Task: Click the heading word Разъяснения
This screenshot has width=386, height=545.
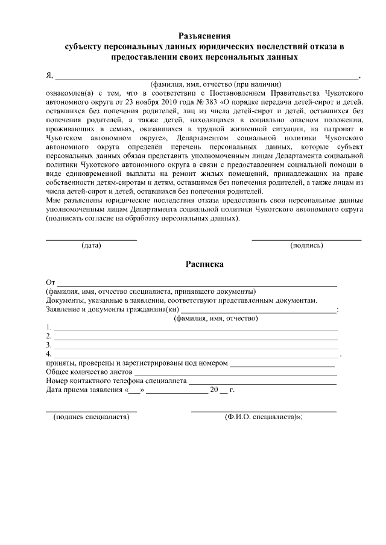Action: tap(205, 36)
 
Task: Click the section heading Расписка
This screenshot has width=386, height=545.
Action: tap(205, 264)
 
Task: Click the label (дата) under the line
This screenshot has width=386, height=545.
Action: tap(92, 246)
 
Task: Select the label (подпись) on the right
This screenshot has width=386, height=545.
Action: tap(306, 246)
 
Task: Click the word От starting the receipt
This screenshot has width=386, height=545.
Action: tap(51, 282)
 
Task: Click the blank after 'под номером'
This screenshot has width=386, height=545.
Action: tap(282, 365)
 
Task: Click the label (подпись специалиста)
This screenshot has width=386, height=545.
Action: tap(92, 417)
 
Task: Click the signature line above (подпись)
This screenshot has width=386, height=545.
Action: tap(306, 239)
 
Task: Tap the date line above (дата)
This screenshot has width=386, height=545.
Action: tap(92, 239)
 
